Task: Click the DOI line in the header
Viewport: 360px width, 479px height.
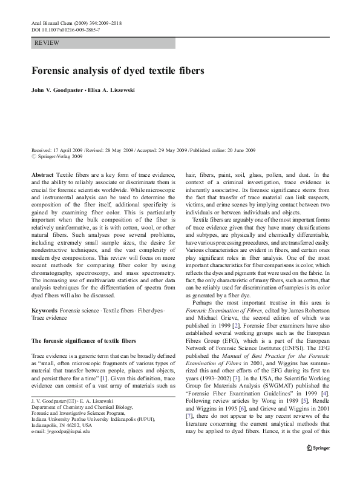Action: (59, 29)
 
